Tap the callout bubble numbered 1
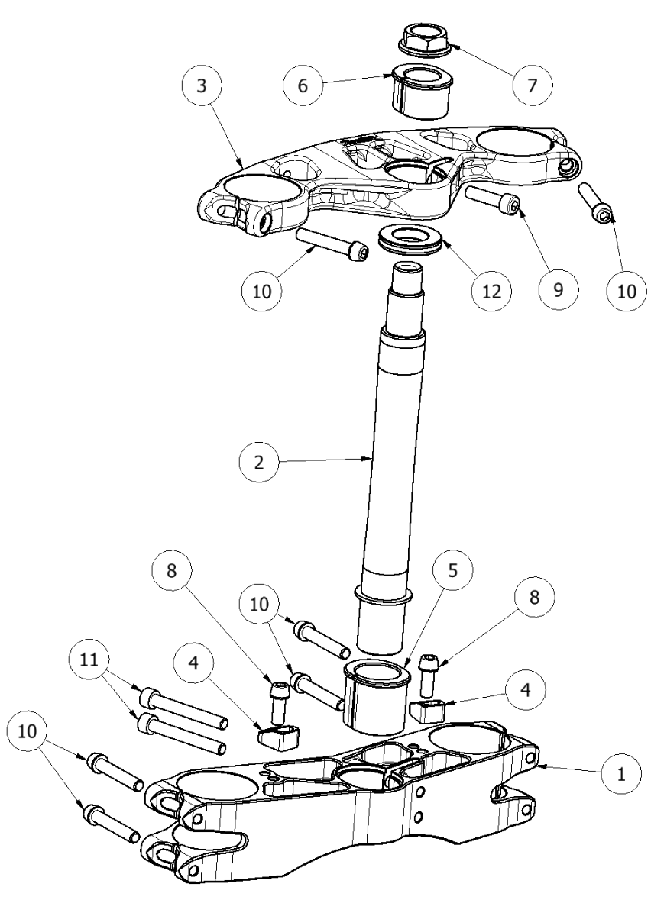tap(621, 774)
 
